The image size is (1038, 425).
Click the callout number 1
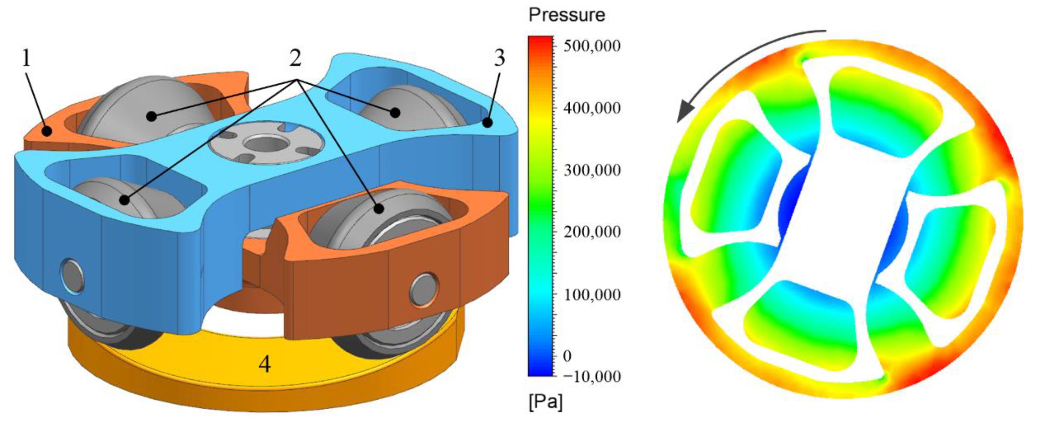[26, 59]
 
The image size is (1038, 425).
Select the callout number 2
[295, 59]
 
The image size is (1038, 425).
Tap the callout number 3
[499, 59]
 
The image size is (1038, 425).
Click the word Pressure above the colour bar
[567, 15]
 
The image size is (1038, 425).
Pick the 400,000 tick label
[592, 108]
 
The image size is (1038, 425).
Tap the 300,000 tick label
[592, 170]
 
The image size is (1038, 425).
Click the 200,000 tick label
[592, 233]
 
